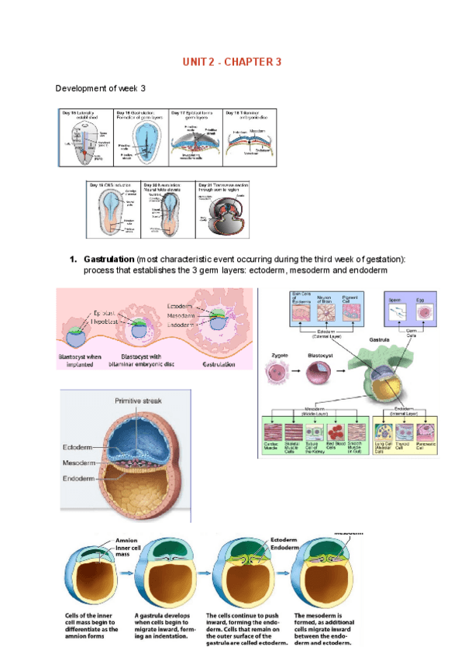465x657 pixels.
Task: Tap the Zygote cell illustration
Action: coord(277,376)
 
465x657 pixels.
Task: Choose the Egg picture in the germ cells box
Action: coord(425,311)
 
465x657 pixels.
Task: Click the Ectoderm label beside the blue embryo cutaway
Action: coord(77,447)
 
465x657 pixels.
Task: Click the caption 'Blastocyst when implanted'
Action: coord(85,360)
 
